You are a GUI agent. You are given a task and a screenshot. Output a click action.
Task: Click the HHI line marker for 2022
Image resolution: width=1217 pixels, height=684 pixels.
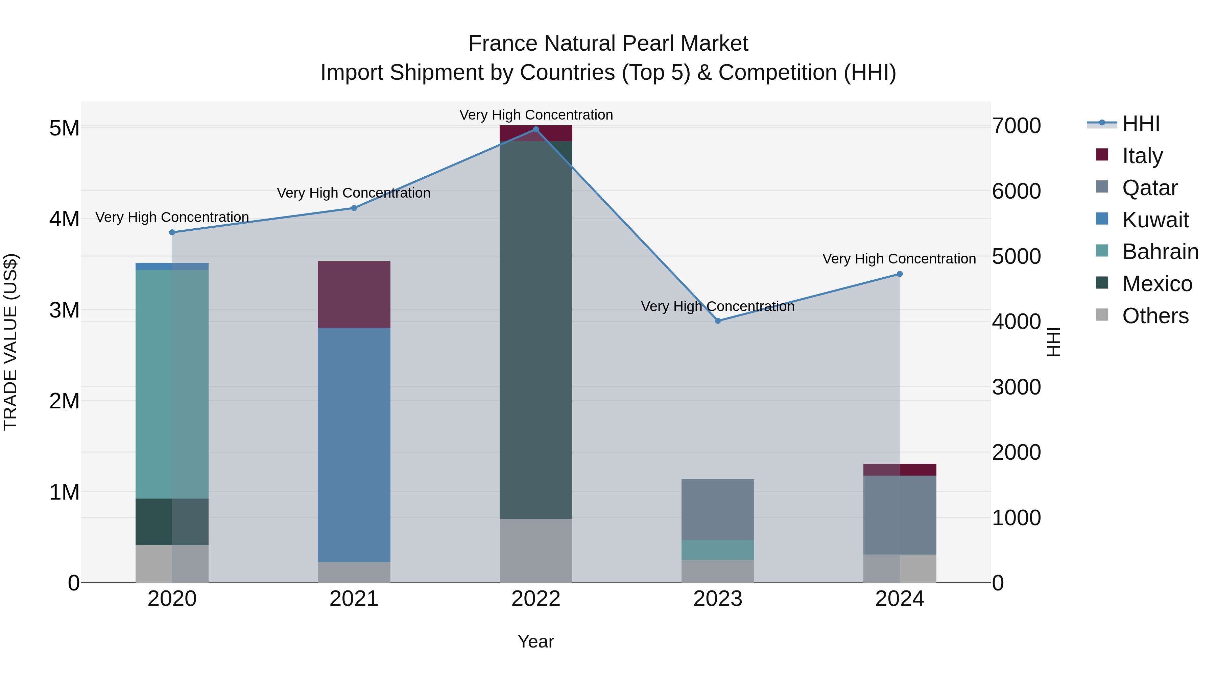click(536, 129)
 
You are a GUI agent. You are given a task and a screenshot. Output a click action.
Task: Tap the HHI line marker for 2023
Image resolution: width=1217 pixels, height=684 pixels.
click(718, 321)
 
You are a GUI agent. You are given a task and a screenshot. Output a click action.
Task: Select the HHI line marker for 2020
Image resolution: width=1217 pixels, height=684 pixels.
click(172, 232)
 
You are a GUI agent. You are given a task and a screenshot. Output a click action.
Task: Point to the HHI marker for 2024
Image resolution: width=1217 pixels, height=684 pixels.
click(900, 274)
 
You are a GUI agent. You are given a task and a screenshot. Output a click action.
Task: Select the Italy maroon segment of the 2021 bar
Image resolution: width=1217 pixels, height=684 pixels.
click(354, 295)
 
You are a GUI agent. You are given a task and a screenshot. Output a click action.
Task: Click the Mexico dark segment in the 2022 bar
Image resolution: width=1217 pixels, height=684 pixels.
click(536, 330)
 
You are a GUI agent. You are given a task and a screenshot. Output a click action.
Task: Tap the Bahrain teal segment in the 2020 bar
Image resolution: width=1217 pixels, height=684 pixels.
click(172, 384)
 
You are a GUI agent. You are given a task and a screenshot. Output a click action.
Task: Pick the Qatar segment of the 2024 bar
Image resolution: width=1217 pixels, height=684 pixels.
click(900, 514)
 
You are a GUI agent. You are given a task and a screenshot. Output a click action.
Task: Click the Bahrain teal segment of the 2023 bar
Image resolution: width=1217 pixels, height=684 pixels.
click(718, 550)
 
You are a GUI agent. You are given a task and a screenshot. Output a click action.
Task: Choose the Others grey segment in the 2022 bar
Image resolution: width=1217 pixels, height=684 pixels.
click(536, 551)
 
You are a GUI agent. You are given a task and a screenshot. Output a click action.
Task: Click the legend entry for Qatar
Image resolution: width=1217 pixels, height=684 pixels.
click(1149, 188)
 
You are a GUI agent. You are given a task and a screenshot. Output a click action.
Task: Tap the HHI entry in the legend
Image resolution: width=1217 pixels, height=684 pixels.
click(1141, 124)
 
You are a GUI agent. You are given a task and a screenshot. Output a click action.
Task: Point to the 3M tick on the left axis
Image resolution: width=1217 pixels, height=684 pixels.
click(64, 310)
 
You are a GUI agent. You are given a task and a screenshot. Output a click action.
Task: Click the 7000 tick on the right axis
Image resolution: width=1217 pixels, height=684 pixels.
click(1016, 126)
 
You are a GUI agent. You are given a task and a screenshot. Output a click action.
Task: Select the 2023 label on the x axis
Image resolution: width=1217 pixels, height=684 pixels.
click(718, 599)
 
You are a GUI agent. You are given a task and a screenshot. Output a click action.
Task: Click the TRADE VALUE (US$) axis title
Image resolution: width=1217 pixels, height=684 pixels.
click(10, 342)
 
